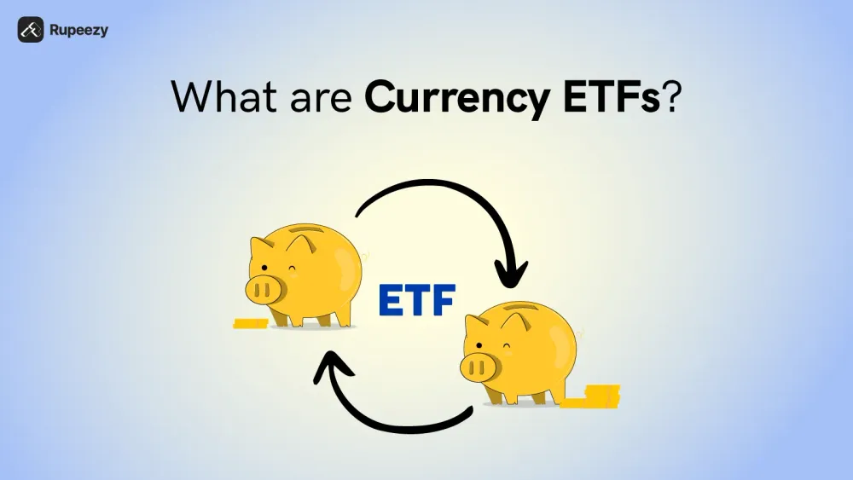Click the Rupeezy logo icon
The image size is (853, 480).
point(31,30)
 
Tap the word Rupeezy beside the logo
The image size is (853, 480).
point(78,31)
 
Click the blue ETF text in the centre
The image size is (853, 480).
point(416,300)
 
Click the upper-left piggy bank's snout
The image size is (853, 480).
point(264,290)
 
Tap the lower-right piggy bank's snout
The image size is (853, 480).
point(479,368)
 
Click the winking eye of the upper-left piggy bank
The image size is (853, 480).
point(294,273)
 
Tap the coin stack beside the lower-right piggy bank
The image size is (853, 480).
point(598,395)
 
